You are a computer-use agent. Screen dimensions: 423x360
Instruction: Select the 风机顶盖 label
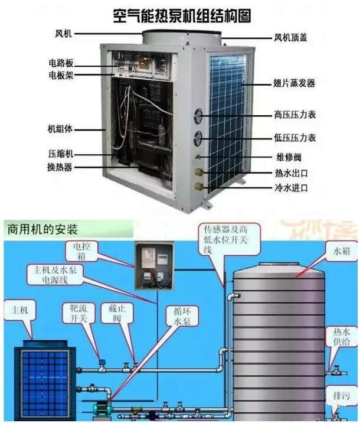pos(290,38)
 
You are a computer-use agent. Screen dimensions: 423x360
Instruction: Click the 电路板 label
pos(61,63)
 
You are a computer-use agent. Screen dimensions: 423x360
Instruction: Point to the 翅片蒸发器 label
pos(294,84)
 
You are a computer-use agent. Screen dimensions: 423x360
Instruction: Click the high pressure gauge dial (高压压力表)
pos(198,115)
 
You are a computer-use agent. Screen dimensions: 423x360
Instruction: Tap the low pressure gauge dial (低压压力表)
pos(198,138)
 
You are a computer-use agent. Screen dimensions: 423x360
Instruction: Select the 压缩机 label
pos(60,153)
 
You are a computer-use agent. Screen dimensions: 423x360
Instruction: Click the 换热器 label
pos(60,167)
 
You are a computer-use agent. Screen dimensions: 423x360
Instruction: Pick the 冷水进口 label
pos(291,188)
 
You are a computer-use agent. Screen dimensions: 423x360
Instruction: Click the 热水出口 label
pos(291,173)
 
